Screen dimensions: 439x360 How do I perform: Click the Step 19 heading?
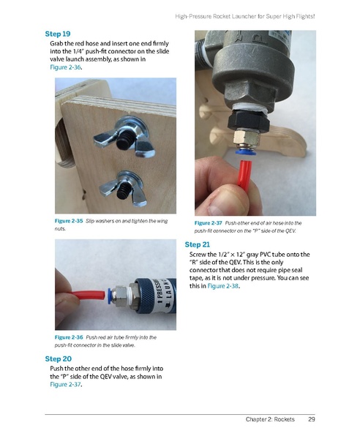pos(57,34)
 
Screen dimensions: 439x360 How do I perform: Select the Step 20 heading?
pos(58,359)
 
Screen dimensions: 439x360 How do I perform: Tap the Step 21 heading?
pos(198,244)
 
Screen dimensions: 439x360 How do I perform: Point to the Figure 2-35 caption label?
pos(69,220)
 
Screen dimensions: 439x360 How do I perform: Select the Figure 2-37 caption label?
pos(209,222)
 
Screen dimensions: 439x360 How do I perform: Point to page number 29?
pos(311,420)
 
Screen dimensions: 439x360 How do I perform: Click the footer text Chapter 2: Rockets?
pos(270,420)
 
